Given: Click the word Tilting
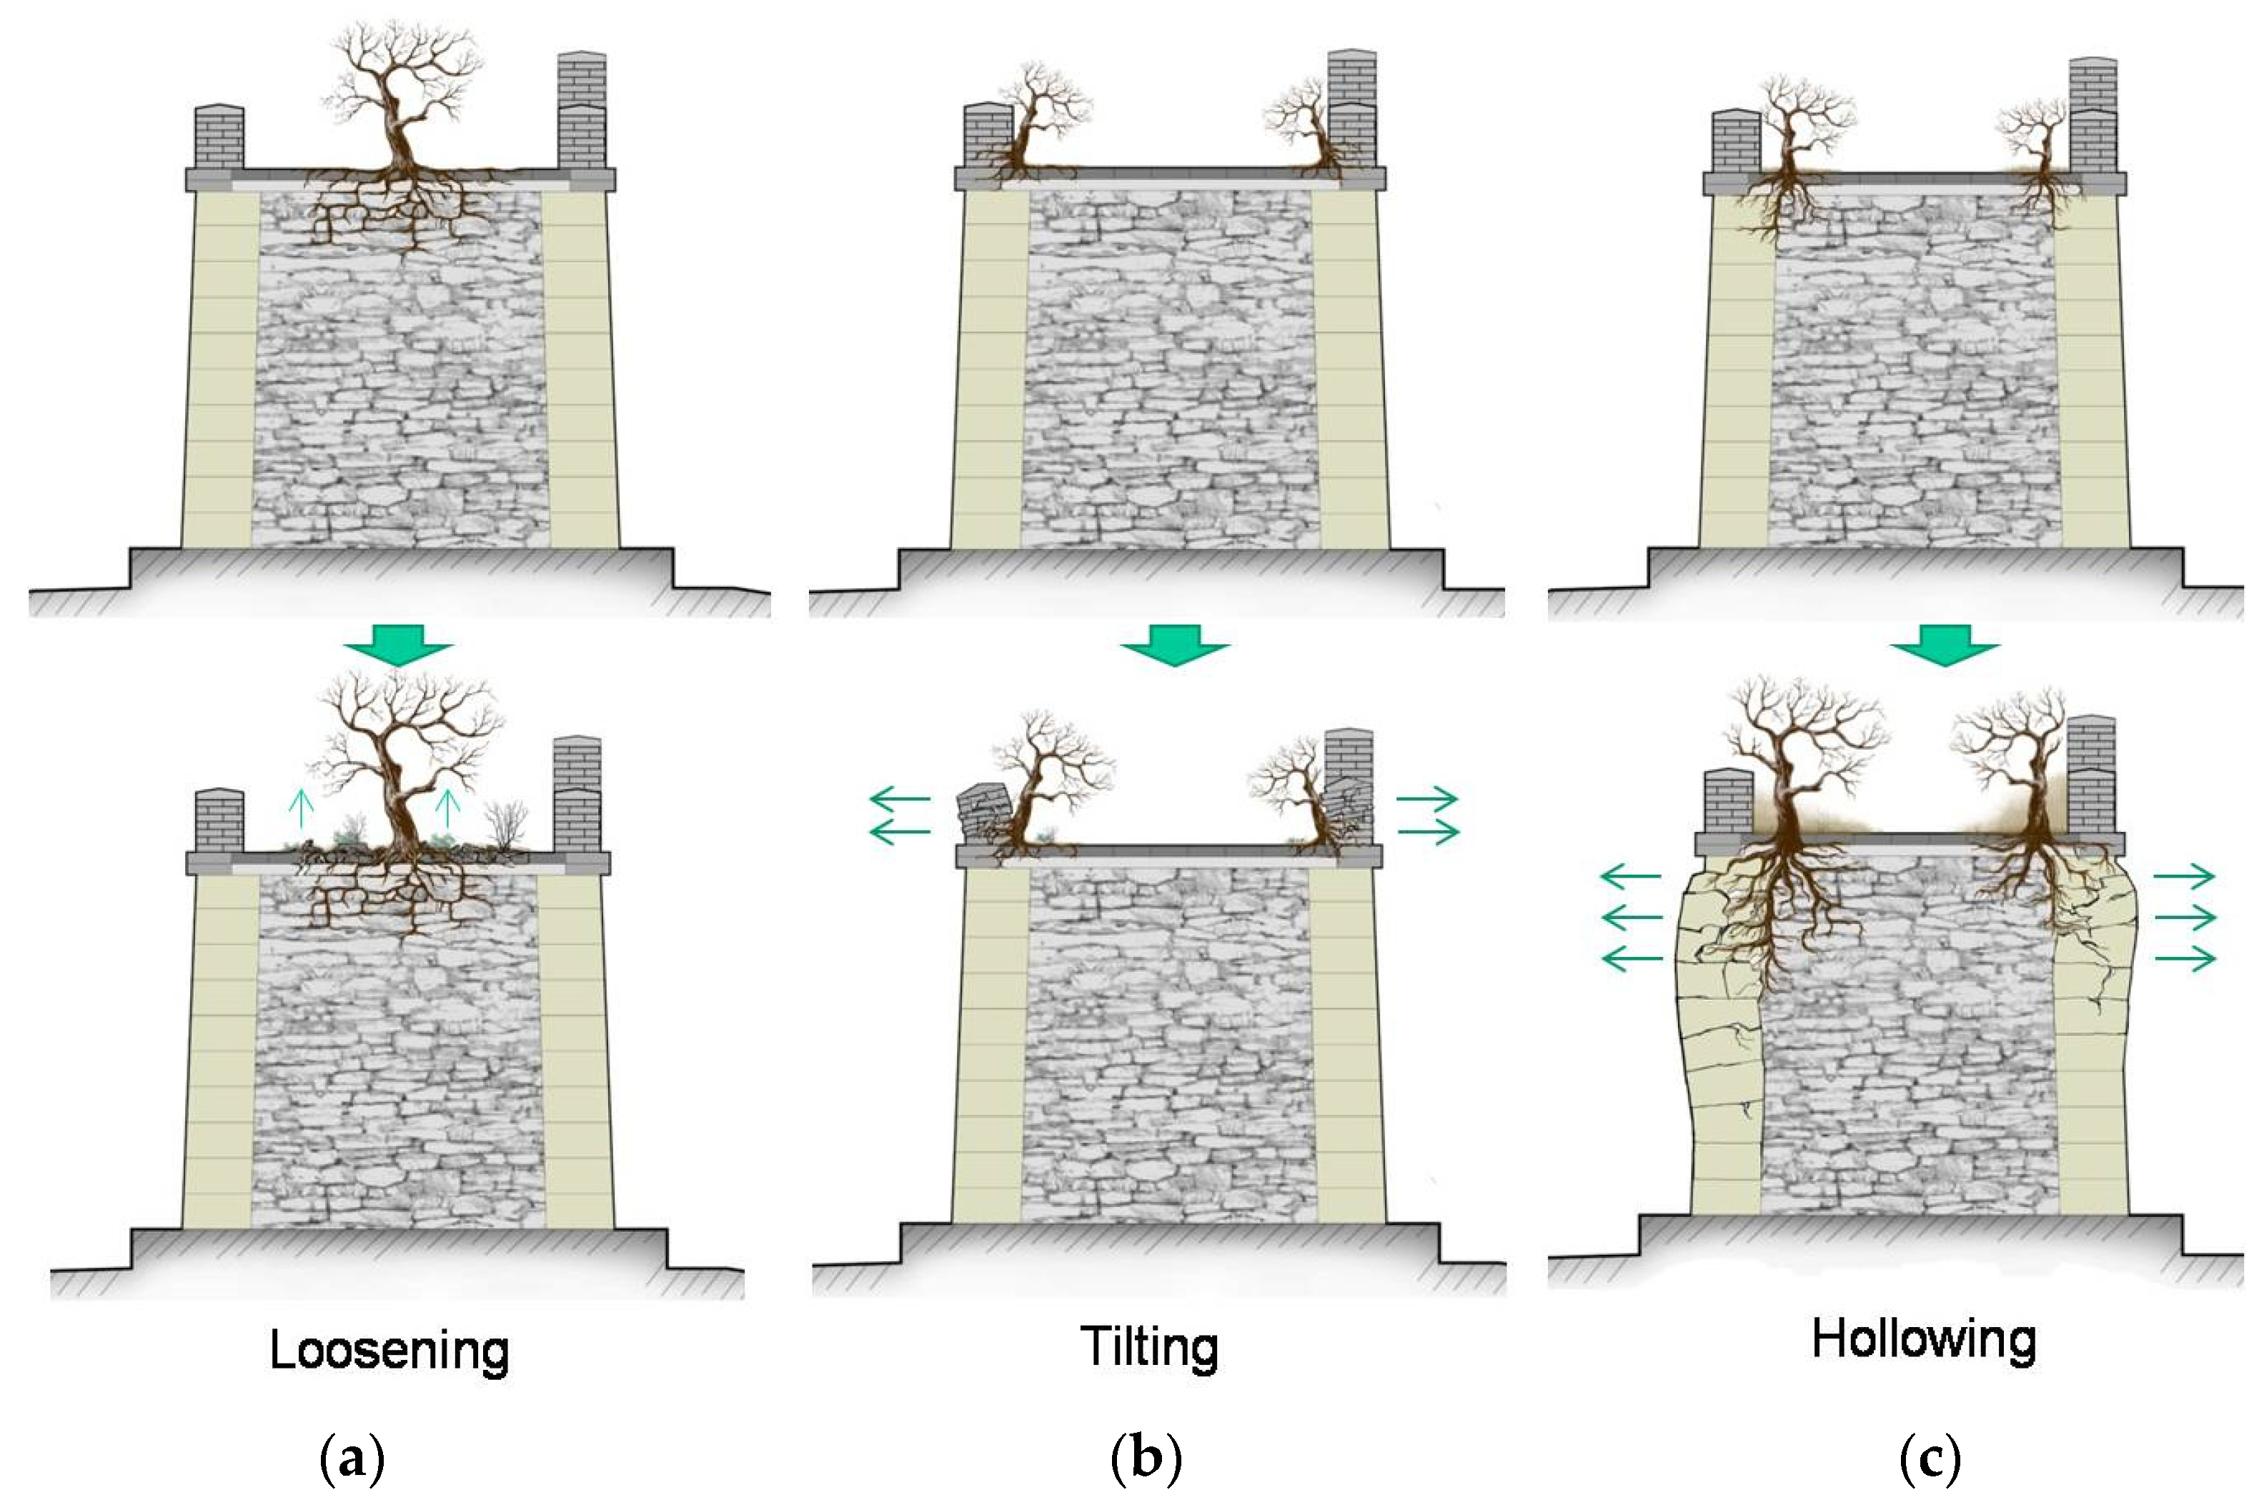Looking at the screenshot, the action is click(1150, 1346).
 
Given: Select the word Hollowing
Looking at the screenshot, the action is click(1925, 1340).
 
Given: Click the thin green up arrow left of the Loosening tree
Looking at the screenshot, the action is click(302, 808).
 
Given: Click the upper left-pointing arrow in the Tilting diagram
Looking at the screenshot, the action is click(899, 798).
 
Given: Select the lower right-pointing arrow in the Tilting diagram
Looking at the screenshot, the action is click(1428, 831).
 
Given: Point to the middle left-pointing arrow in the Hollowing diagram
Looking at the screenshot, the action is click(1632, 917).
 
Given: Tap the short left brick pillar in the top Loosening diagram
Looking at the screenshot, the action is click(219, 137).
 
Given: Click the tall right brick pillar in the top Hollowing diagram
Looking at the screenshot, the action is click(2093, 116).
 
